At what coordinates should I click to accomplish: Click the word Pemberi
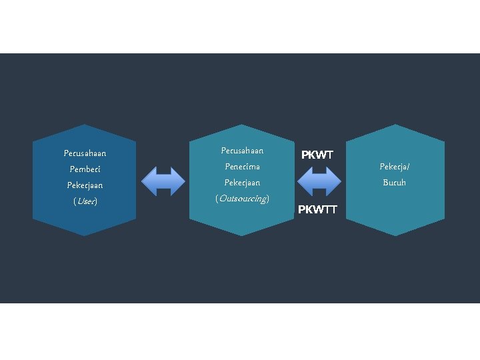[84, 169]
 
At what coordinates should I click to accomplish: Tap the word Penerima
[242, 167]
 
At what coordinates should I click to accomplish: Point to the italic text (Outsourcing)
[242, 199]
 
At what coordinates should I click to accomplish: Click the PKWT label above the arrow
[317, 155]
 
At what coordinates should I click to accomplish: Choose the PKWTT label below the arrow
[317, 210]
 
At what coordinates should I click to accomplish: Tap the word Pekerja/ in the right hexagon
[395, 167]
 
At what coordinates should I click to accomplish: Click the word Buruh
[394, 183]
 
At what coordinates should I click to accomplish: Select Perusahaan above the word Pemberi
[85, 153]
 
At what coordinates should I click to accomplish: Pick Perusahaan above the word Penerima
[242, 151]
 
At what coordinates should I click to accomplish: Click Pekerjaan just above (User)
[85, 185]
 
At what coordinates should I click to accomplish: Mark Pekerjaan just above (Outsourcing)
[242, 183]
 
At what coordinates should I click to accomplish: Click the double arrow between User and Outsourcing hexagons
[164, 181]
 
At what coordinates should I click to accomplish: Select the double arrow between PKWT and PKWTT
[319, 181]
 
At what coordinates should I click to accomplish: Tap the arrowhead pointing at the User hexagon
[149, 181]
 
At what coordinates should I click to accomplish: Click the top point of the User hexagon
[85, 125]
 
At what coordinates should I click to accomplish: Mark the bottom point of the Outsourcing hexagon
[242, 235]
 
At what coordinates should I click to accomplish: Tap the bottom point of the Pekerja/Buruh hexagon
[395, 235]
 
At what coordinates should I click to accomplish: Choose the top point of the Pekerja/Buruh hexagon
[395, 125]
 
